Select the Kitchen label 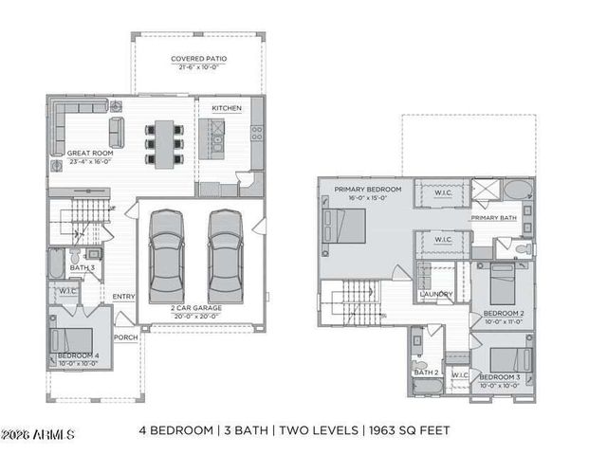[226, 109]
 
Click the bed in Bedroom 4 [77, 338]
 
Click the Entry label [123, 297]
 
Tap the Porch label [125, 337]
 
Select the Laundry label [435, 294]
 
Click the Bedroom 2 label [503, 313]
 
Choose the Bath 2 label [424, 373]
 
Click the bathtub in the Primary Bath [518, 190]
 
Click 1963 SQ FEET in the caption [409, 429]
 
